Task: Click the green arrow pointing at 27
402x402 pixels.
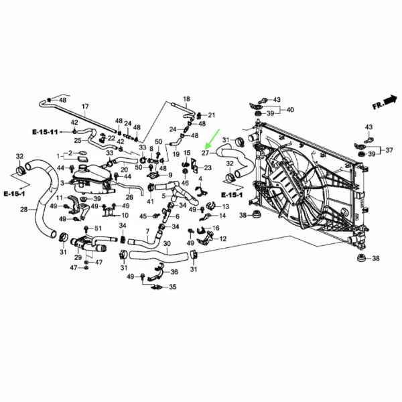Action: [x=212, y=139]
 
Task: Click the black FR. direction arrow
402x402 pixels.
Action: [x=391, y=100]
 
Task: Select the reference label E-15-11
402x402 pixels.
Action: [x=45, y=132]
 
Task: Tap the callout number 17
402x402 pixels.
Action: [x=85, y=106]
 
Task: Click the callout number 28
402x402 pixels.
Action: [x=24, y=210]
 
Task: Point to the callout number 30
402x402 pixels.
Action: [x=167, y=243]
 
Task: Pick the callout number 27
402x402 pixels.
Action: [x=206, y=153]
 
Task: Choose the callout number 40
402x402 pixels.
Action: [x=290, y=110]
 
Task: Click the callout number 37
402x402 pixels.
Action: [x=389, y=150]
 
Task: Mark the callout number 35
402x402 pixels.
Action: [x=173, y=287]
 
